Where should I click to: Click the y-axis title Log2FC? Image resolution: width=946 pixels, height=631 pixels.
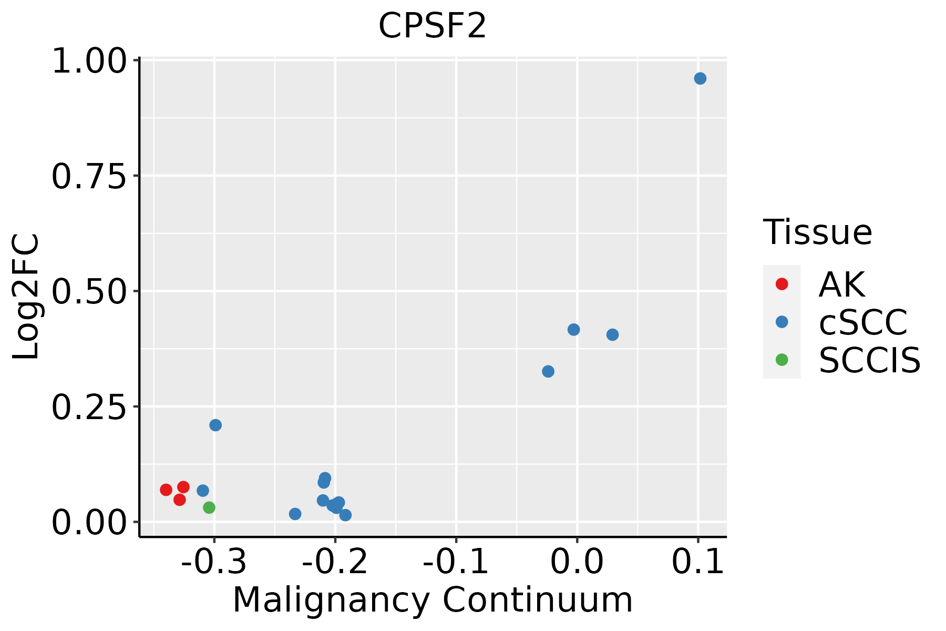pyautogui.click(x=26, y=297)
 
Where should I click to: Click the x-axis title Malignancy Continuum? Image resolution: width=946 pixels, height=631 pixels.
pyautogui.click(x=432, y=600)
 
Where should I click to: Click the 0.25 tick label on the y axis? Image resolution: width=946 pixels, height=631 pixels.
pyautogui.click(x=89, y=407)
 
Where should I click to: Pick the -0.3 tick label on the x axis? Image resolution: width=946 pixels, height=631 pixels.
pyautogui.click(x=214, y=562)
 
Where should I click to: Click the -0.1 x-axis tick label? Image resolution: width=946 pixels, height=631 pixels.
pyautogui.click(x=456, y=562)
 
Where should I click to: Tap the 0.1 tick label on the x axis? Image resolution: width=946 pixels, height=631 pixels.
pyautogui.click(x=698, y=562)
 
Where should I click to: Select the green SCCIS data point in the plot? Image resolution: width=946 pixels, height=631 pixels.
pyautogui.click(x=209, y=507)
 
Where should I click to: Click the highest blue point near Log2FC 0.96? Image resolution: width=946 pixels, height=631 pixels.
pyautogui.click(x=700, y=78)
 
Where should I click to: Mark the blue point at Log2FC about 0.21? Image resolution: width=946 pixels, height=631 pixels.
pyautogui.click(x=215, y=425)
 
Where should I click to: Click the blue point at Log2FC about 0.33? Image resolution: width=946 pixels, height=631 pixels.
pyautogui.click(x=548, y=371)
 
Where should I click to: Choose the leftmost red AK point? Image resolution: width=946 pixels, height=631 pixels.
pyautogui.click(x=166, y=490)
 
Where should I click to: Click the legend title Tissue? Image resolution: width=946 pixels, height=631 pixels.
pyautogui.click(x=817, y=232)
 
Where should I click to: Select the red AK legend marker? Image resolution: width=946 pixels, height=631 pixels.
pyautogui.click(x=782, y=284)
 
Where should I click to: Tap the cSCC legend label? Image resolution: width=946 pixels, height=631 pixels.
pyautogui.click(x=863, y=322)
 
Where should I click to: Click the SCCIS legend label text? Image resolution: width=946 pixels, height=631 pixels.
pyautogui.click(x=869, y=360)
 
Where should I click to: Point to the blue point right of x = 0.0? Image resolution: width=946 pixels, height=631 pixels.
pyautogui.click(x=612, y=334)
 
